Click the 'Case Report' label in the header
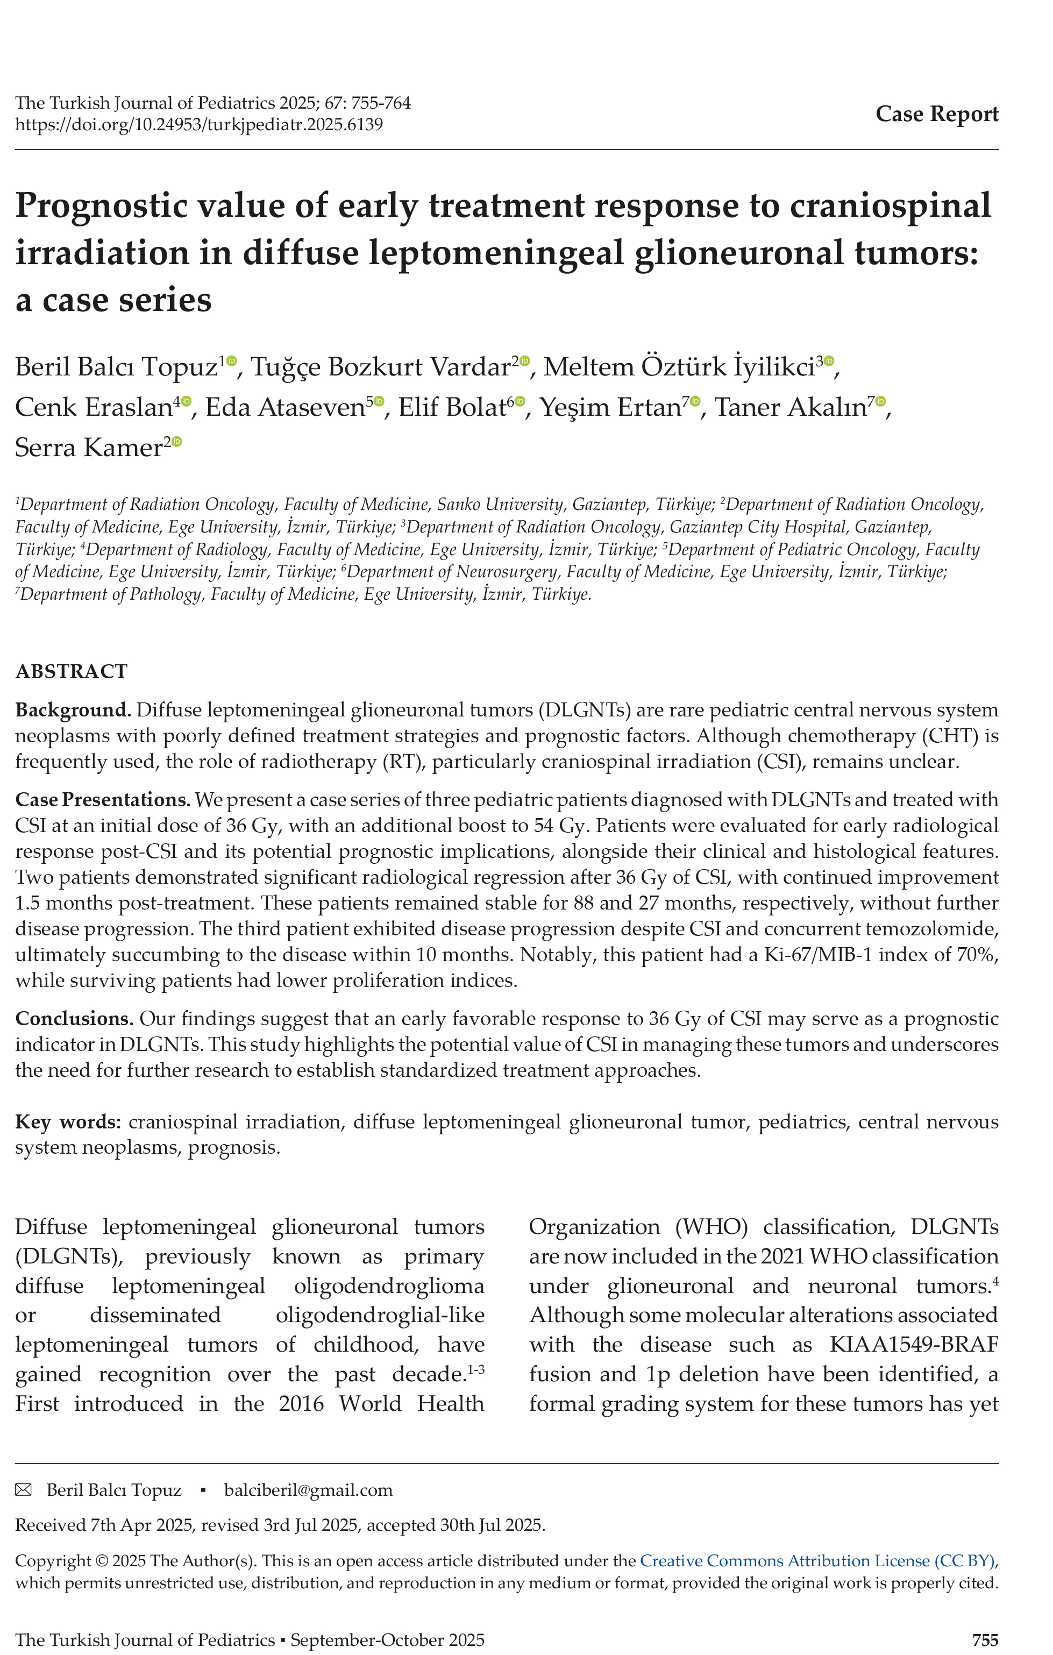point(936,114)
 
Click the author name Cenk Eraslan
point(94,408)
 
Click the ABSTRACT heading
point(72,671)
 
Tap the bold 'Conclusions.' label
point(74,1019)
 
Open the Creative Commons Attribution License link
point(816,1561)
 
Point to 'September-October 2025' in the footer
point(387,1640)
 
